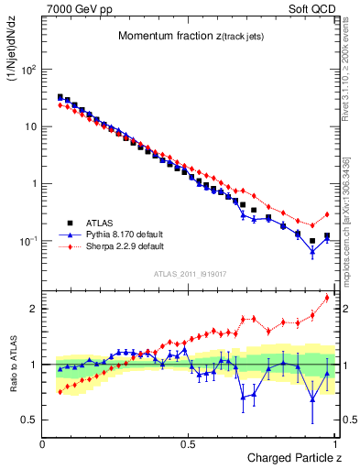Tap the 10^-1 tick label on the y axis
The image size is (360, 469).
click(x=27, y=241)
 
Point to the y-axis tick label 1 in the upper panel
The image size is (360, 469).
click(x=33, y=184)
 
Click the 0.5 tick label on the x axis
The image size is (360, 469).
click(x=188, y=443)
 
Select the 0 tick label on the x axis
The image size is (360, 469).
click(x=43, y=443)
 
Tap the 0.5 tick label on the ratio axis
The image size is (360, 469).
click(x=30, y=420)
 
